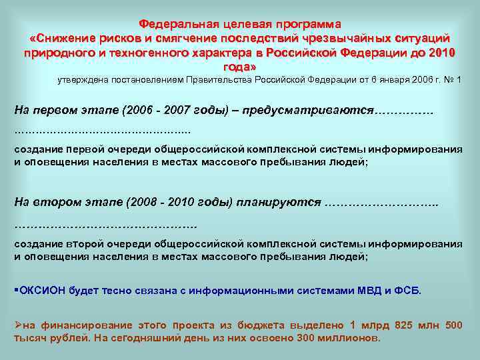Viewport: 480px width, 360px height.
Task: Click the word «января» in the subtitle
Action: (373, 81)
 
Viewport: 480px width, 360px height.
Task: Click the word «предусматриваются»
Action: (307, 109)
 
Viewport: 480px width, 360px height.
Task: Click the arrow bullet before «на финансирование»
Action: (18, 325)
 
